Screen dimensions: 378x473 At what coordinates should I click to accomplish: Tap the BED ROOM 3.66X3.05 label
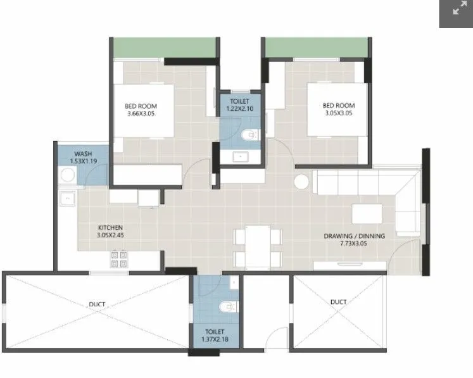point(141,110)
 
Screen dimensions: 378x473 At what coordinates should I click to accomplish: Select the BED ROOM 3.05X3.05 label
point(338,110)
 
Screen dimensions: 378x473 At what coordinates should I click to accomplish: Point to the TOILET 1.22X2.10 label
point(240,104)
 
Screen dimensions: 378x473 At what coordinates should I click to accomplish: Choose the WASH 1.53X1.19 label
point(84,158)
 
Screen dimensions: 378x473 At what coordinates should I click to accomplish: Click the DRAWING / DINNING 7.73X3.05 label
point(354,240)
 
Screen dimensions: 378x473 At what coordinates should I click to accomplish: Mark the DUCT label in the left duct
point(97,305)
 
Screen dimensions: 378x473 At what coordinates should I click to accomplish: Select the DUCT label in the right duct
point(338,302)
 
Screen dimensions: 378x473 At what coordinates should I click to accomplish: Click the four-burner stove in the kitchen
point(120,259)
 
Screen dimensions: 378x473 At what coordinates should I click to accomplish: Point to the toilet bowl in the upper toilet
point(251,135)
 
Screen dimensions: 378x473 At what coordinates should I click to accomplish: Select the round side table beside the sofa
point(303,182)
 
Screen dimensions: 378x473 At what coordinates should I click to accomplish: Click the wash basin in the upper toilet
point(239,156)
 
